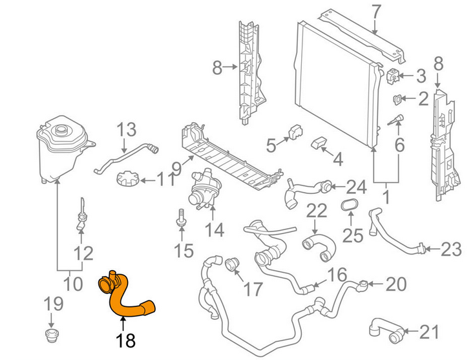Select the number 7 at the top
376,11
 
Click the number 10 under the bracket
73,283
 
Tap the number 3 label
421,76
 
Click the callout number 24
356,187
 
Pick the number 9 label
176,168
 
